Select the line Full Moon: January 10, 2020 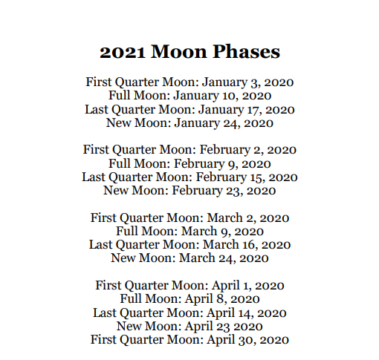click(x=189, y=95)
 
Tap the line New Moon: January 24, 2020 click(x=189, y=122)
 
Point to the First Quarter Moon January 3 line click(x=189, y=81)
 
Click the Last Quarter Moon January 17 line click(x=189, y=109)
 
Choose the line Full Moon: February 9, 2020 click(x=189, y=163)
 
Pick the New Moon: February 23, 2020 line click(x=189, y=191)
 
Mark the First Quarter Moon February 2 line click(x=189, y=149)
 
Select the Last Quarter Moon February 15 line click(x=189, y=177)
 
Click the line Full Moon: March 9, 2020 click(x=189, y=231)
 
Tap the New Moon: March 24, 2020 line click(x=189, y=258)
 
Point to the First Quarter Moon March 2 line click(x=189, y=217)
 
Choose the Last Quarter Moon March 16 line click(x=189, y=244)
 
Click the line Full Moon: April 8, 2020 click(x=189, y=299)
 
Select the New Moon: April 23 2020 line click(x=189, y=326)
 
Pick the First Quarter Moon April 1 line click(x=189, y=285)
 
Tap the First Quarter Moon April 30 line click(x=189, y=339)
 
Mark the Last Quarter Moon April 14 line click(x=189, y=312)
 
